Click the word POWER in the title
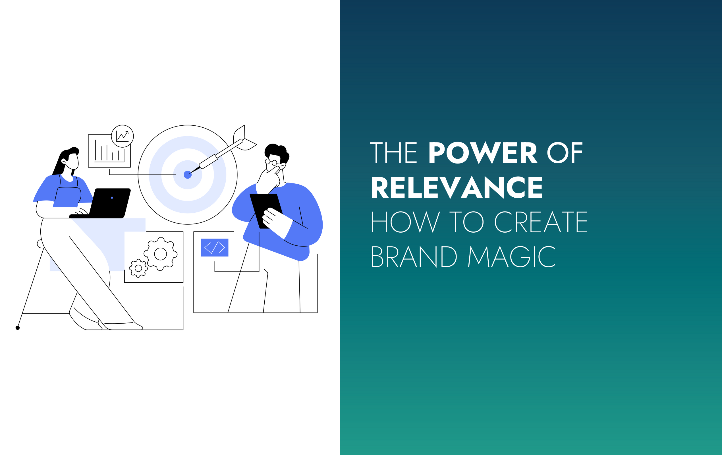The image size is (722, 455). pyautogui.click(x=483, y=153)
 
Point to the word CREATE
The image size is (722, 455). pyautogui.click(x=541, y=222)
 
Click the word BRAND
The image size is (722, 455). pyautogui.click(x=414, y=257)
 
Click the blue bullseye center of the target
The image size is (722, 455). pyautogui.click(x=188, y=175)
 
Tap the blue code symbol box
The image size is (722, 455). pyautogui.click(x=215, y=247)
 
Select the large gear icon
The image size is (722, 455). pyautogui.click(x=160, y=254)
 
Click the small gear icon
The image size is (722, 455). pyautogui.click(x=138, y=268)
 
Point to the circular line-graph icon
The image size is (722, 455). pyautogui.click(x=122, y=136)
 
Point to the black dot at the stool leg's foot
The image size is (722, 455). pyautogui.click(x=18, y=328)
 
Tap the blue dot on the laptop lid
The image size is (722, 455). pyautogui.click(x=112, y=198)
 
